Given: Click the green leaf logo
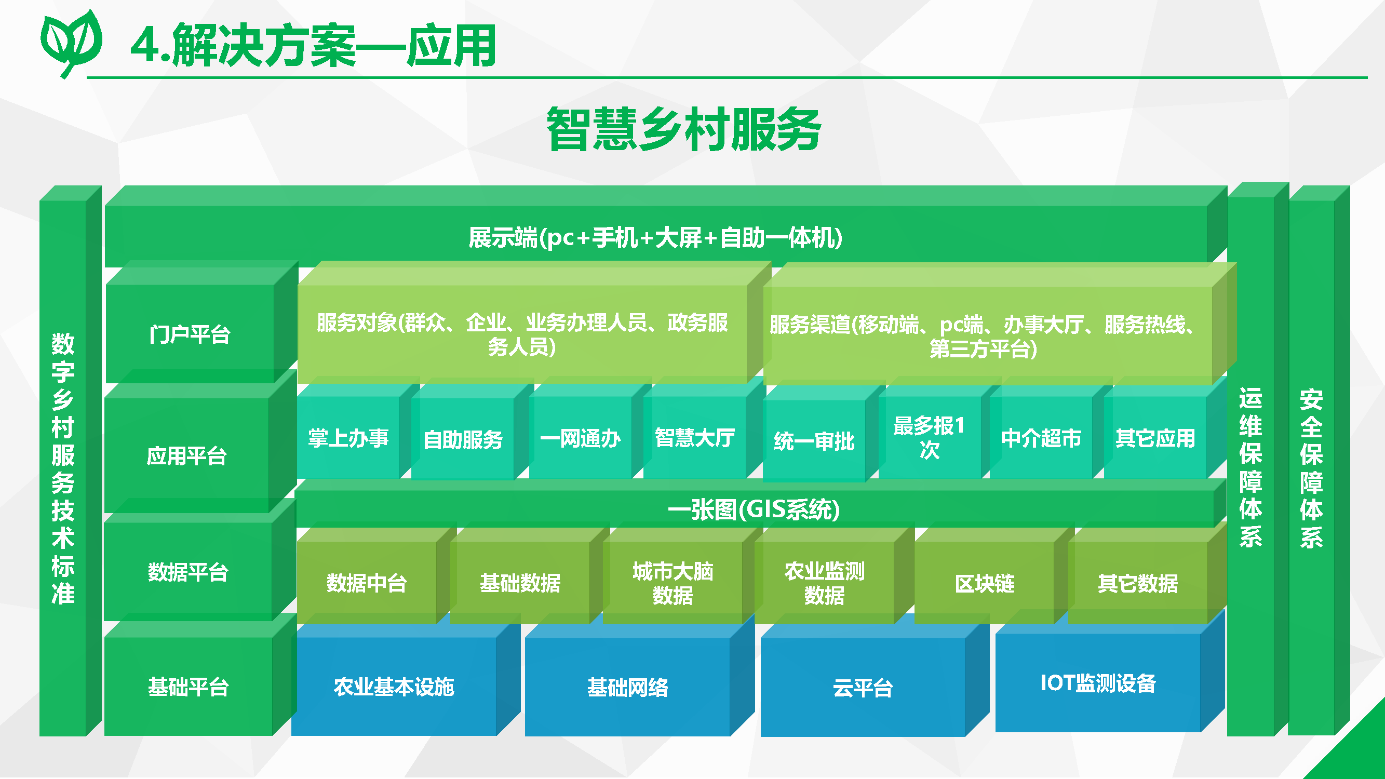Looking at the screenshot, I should [72, 43].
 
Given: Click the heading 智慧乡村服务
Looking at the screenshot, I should [683, 129].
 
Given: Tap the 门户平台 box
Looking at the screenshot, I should [190, 334].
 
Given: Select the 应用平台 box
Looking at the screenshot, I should [186, 456].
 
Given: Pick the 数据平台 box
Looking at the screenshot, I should [188, 572].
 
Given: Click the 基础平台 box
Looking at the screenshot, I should [188, 687].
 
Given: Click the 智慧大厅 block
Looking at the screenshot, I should [695, 438].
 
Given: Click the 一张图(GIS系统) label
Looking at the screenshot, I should [753, 509].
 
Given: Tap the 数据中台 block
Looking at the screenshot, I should [367, 583].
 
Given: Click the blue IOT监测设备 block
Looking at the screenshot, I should [1098, 684].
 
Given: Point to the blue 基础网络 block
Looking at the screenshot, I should [627, 688].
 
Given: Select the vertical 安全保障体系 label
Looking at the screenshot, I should [1311, 468].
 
